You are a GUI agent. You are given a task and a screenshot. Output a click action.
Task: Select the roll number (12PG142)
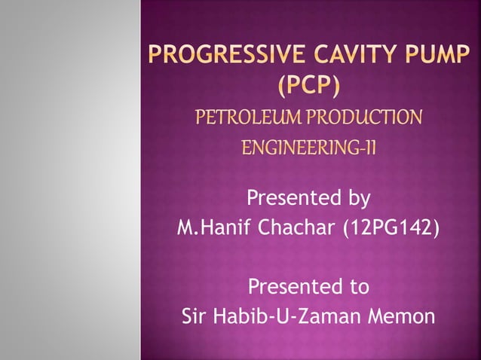(391, 227)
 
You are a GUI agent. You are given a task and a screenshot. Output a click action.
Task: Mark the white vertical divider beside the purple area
(141, 180)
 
